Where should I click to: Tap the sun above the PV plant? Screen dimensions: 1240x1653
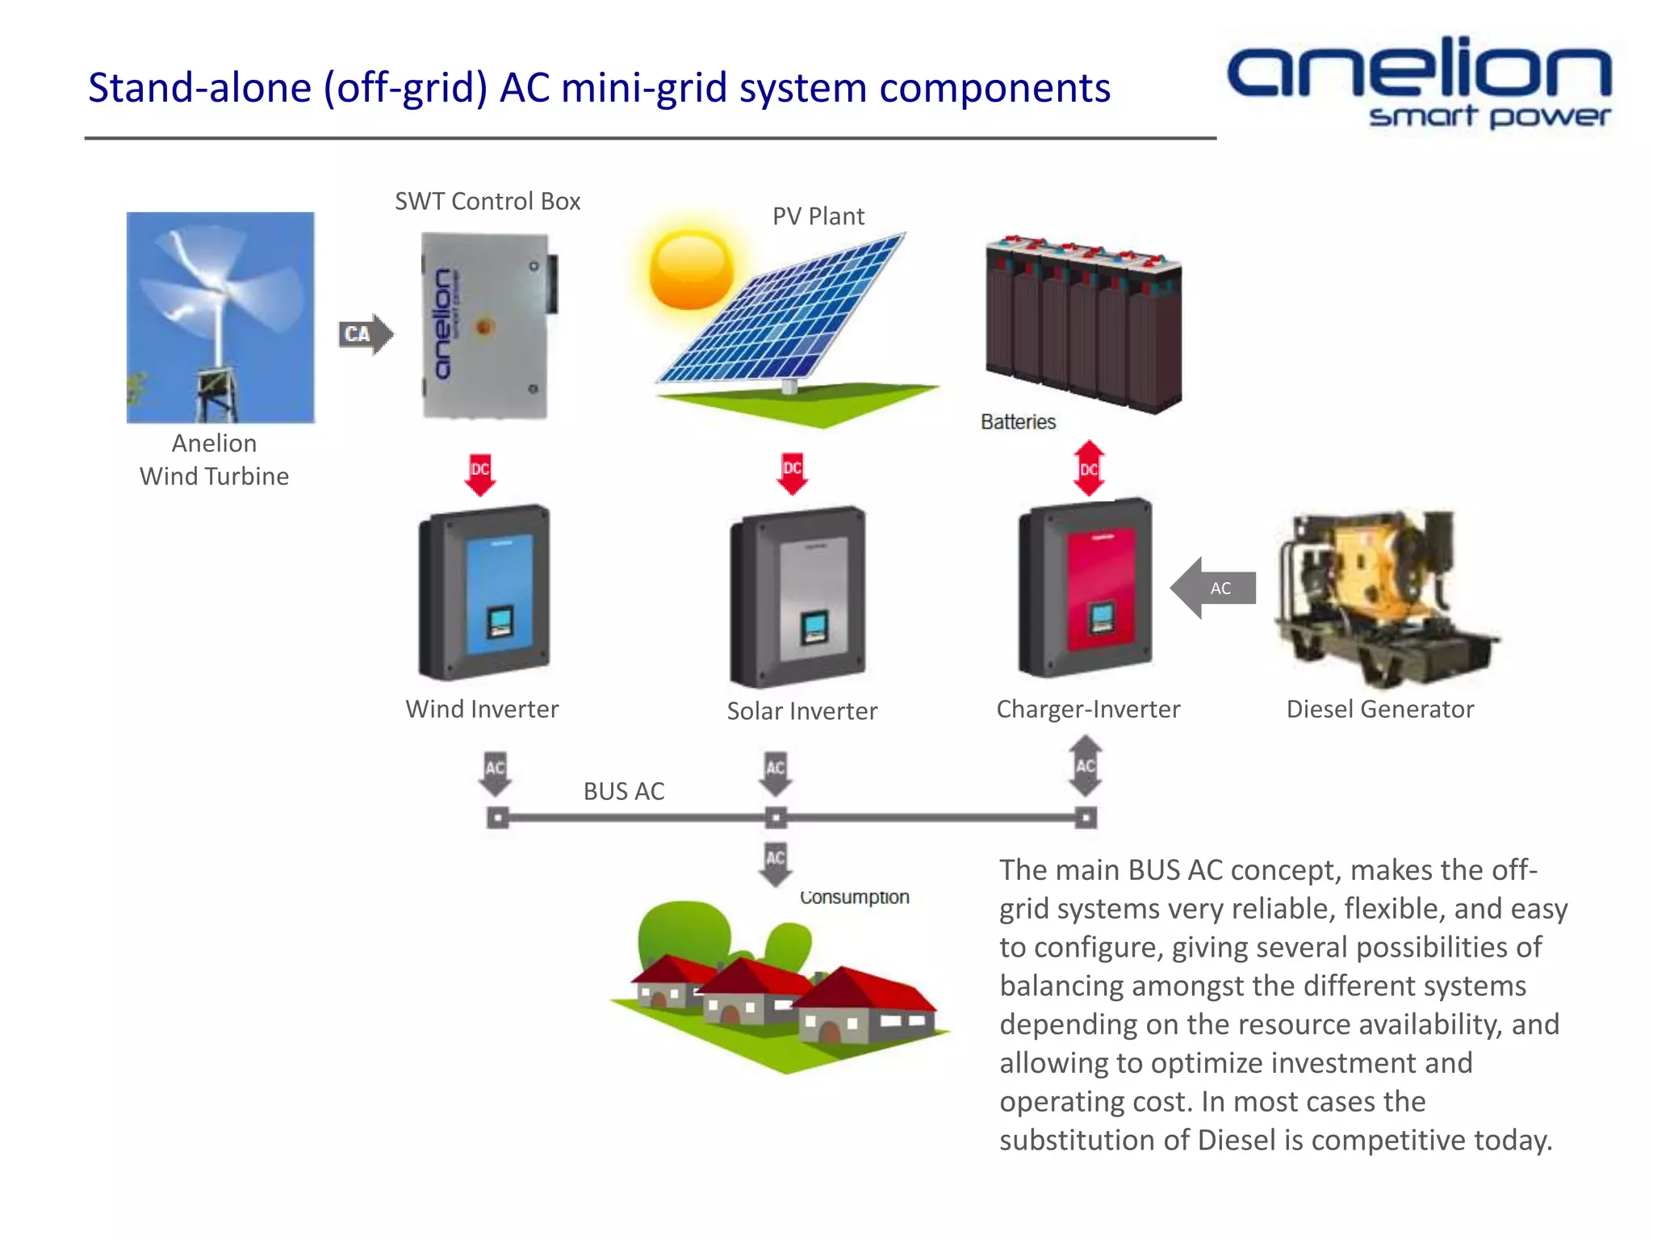(x=691, y=270)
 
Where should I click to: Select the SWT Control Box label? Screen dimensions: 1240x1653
(x=487, y=201)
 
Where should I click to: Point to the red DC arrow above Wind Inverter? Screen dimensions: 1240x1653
(x=480, y=474)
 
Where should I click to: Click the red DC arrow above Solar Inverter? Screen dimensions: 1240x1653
(x=793, y=473)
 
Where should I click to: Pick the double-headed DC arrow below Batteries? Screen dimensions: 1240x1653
(x=1089, y=468)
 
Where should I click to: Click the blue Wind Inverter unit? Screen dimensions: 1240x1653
(x=484, y=593)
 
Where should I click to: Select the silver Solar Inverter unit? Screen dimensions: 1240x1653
(x=798, y=597)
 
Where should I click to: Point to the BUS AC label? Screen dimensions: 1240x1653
(x=624, y=791)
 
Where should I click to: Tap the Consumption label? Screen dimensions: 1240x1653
(x=854, y=897)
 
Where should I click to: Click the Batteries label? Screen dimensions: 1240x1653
(x=1018, y=421)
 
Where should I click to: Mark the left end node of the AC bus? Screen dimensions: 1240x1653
(x=498, y=819)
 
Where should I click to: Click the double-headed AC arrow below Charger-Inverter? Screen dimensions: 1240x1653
(x=1086, y=765)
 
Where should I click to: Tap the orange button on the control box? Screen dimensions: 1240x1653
(x=484, y=327)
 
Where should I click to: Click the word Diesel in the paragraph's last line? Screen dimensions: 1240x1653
(x=1237, y=1140)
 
